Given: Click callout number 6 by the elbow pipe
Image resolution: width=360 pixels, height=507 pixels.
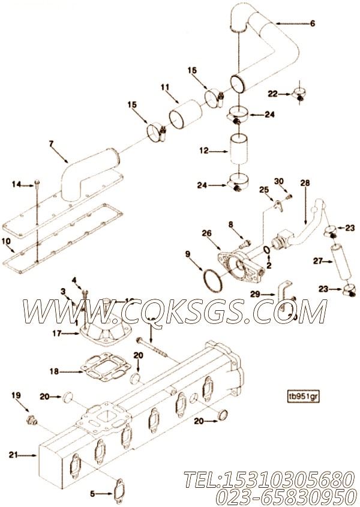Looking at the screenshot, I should [x=312, y=24].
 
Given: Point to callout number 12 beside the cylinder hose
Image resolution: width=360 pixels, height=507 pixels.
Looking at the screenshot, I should [x=203, y=151].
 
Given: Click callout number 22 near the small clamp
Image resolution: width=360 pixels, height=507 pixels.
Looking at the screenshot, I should [x=273, y=94].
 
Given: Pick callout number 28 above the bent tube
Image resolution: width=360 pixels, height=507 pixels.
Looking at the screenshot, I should [x=305, y=182].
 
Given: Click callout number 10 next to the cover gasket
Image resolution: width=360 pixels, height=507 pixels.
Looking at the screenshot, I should [x=7, y=241].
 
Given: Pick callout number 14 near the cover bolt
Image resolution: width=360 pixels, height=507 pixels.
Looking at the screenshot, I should [x=16, y=184].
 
